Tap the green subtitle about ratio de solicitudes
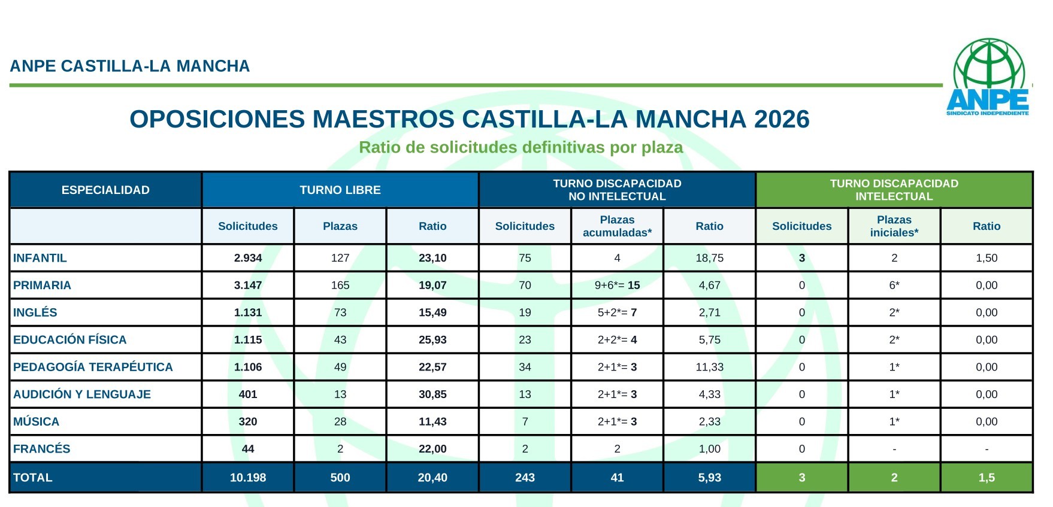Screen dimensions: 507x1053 point(521,147)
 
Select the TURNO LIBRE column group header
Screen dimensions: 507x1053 point(340,190)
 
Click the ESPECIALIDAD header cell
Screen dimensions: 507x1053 point(105,190)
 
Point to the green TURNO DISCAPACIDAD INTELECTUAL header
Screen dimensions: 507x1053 point(894,190)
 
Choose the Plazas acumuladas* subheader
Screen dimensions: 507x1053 point(617,226)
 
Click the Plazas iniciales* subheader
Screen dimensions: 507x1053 point(894,226)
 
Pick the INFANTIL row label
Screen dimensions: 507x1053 point(40,258)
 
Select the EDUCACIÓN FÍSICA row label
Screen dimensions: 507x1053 point(70,340)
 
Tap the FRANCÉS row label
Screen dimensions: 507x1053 point(42,449)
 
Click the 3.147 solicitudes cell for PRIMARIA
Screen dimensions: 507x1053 point(248,286)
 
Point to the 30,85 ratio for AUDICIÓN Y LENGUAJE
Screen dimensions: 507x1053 point(432,394)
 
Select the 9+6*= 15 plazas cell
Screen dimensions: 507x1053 point(617,286)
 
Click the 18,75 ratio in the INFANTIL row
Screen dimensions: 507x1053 point(709,258)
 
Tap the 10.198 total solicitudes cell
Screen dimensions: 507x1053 point(248,478)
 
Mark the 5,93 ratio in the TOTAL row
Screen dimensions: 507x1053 point(709,478)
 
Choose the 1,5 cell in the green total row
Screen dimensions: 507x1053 point(986,478)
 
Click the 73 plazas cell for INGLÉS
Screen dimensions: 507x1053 point(340,312)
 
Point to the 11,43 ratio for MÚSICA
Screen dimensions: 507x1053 point(432,421)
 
